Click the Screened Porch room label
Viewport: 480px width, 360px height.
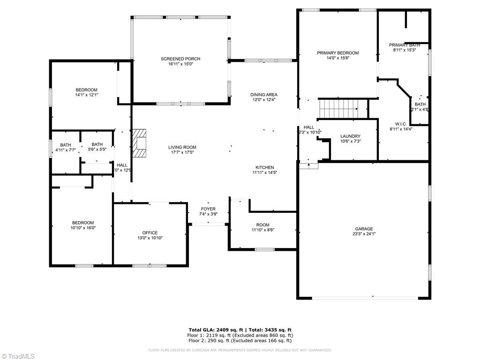(x=180, y=59)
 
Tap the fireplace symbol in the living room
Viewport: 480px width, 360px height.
(x=139, y=142)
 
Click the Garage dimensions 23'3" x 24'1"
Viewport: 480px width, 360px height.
(x=364, y=234)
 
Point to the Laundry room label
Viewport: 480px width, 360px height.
(x=350, y=136)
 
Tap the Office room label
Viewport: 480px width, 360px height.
(x=150, y=232)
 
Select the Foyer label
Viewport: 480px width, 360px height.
(x=208, y=209)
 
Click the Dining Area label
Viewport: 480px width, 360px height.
(x=264, y=95)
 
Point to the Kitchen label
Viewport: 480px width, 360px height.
(x=265, y=167)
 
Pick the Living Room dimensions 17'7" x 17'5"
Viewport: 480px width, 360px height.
(x=182, y=152)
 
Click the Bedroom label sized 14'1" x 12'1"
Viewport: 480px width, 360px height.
(x=87, y=90)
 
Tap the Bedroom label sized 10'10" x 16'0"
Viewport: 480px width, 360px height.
(x=82, y=223)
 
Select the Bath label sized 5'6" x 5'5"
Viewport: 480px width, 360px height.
(x=97, y=144)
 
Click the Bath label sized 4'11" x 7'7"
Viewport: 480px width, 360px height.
(x=66, y=145)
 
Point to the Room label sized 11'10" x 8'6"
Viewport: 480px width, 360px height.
(x=262, y=225)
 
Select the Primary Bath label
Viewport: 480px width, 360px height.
(x=404, y=45)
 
